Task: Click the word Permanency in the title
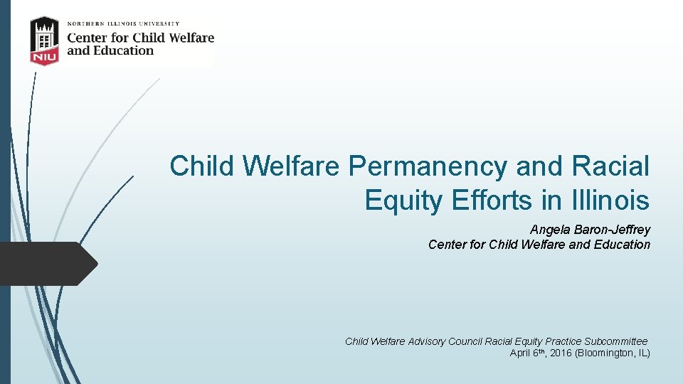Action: [x=428, y=166]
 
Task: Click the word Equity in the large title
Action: [x=403, y=201]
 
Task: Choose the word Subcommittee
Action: [x=615, y=341]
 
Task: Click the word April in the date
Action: [x=521, y=353]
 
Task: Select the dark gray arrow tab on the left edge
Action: [x=47, y=264]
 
